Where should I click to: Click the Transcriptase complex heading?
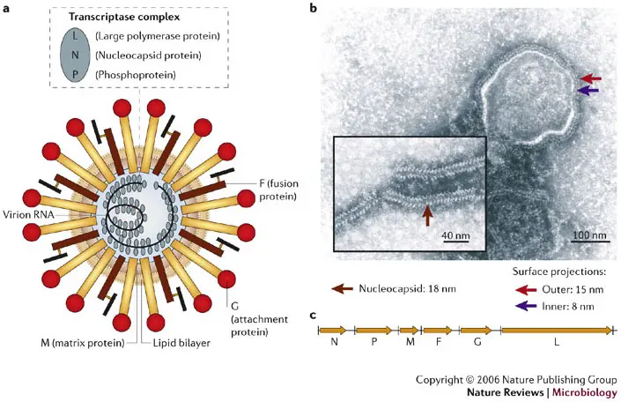tap(124, 17)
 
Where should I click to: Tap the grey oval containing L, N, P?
tap(75, 56)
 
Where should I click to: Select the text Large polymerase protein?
tap(158, 36)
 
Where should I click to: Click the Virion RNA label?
tap(28, 215)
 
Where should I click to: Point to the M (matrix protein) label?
tap(83, 343)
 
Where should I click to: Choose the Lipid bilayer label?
tap(181, 343)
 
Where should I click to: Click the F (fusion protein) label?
tap(279, 190)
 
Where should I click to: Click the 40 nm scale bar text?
tap(455, 235)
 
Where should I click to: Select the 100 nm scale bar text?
tap(589, 234)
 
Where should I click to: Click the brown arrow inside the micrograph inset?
tap(427, 215)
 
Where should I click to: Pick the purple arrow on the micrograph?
tap(588, 91)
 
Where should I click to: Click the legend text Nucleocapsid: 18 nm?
tap(407, 288)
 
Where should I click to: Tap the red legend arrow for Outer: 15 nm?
tap(526, 290)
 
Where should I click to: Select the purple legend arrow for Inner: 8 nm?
tap(526, 306)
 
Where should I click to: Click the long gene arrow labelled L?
tap(557, 330)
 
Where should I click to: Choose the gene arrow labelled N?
tap(333, 330)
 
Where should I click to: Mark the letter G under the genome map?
tap(477, 342)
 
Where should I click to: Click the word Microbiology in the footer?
tap(585, 392)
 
